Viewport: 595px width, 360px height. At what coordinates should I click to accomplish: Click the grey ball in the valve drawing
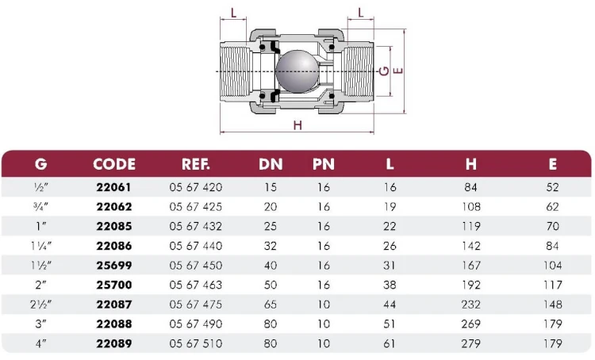point(296,71)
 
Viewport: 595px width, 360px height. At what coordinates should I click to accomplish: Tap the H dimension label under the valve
point(297,124)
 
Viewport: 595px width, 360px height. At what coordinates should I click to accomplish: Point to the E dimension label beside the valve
point(398,71)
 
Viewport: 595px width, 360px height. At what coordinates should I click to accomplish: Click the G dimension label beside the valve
point(385,71)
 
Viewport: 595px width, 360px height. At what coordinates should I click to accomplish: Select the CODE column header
point(114,164)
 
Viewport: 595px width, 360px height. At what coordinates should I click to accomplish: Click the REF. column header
point(195,164)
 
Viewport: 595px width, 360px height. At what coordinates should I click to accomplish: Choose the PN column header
point(324,164)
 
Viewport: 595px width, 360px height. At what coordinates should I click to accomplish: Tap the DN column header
point(271,164)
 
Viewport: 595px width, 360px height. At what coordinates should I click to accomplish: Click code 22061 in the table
point(113,187)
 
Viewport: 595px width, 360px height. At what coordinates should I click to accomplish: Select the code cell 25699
point(113,266)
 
